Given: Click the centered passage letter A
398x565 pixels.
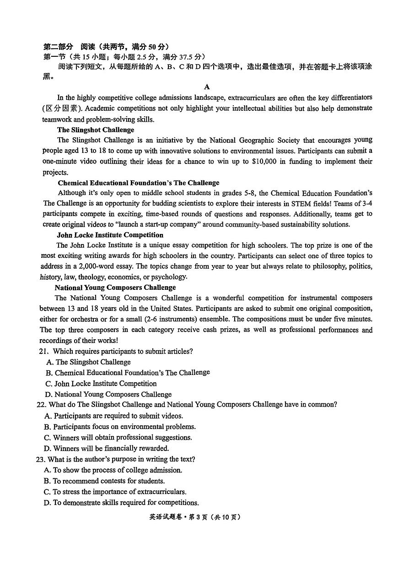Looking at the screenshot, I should [x=207, y=87].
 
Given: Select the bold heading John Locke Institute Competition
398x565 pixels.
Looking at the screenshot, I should [x=110, y=235].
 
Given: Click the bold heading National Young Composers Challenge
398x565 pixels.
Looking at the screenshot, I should [x=115, y=288].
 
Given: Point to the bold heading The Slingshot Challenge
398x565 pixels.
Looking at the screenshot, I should [x=96, y=130].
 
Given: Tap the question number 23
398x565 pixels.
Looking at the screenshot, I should [x=41, y=459].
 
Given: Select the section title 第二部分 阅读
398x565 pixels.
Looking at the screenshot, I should [x=69, y=47].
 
